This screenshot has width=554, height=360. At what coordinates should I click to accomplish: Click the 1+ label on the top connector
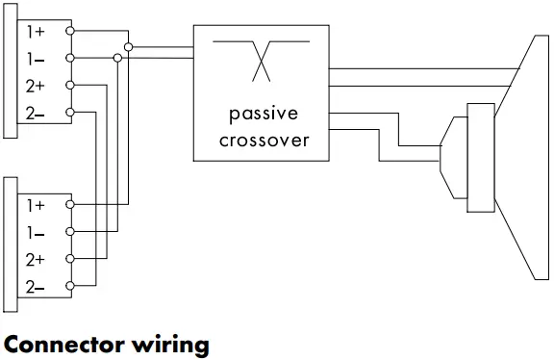click(35, 32)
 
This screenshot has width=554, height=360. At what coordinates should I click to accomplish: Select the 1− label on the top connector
click(35, 59)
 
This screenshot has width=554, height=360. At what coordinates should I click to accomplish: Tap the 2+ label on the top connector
click(35, 87)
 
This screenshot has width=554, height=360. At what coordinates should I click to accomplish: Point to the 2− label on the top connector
click(35, 115)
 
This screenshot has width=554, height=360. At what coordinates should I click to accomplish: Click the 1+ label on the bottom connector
click(35, 205)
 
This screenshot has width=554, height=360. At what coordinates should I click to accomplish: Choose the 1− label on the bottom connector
click(35, 232)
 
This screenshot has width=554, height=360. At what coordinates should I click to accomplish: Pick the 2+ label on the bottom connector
click(35, 260)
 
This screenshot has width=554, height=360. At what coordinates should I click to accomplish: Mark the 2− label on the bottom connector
click(35, 287)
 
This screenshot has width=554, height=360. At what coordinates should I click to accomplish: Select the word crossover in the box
click(262, 140)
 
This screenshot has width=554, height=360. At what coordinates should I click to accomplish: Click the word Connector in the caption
click(64, 344)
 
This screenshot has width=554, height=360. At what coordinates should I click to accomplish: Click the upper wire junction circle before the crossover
click(130, 45)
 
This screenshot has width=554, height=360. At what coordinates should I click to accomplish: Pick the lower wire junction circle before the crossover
click(117, 59)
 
